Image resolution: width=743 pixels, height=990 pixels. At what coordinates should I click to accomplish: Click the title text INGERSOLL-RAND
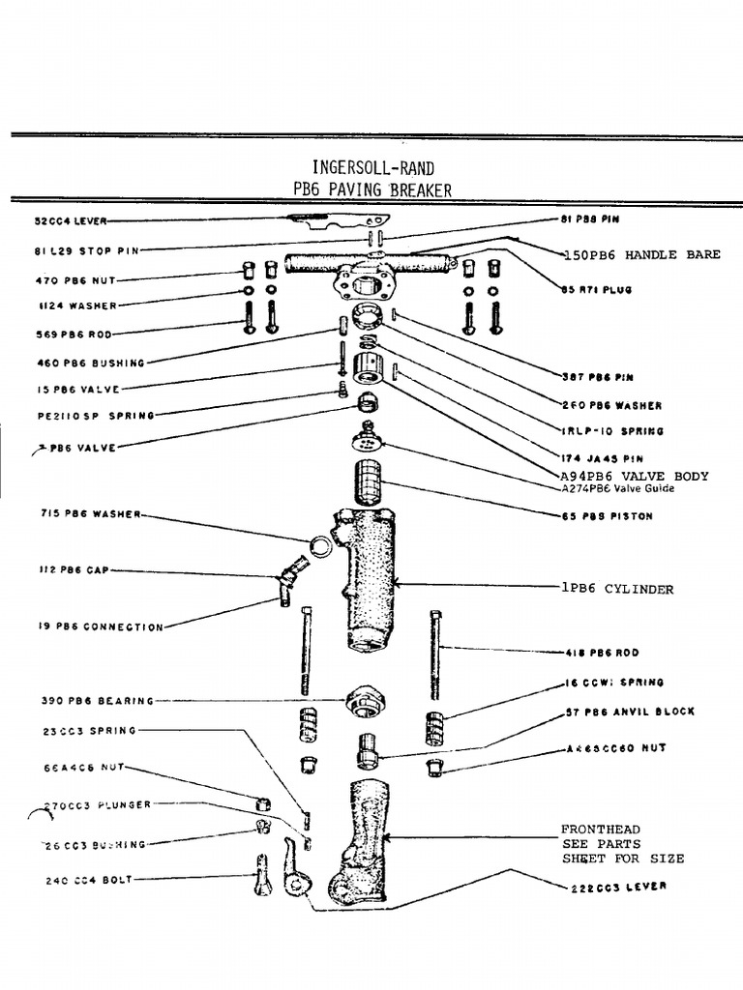click(x=372, y=167)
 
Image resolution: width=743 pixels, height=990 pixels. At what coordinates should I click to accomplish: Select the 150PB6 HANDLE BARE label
click(x=642, y=254)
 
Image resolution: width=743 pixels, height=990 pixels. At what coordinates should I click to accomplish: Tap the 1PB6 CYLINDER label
click(x=616, y=589)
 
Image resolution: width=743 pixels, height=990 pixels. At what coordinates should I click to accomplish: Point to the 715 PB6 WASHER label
click(x=90, y=513)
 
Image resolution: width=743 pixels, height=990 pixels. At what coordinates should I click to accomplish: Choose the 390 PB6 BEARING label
click(x=95, y=701)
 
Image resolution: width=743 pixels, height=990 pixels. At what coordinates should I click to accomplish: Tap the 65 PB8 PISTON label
click(x=607, y=516)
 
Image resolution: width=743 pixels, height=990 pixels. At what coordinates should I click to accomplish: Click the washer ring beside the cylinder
click(x=319, y=547)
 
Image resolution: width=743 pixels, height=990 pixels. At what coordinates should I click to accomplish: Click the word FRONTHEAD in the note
click(x=600, y=830)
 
